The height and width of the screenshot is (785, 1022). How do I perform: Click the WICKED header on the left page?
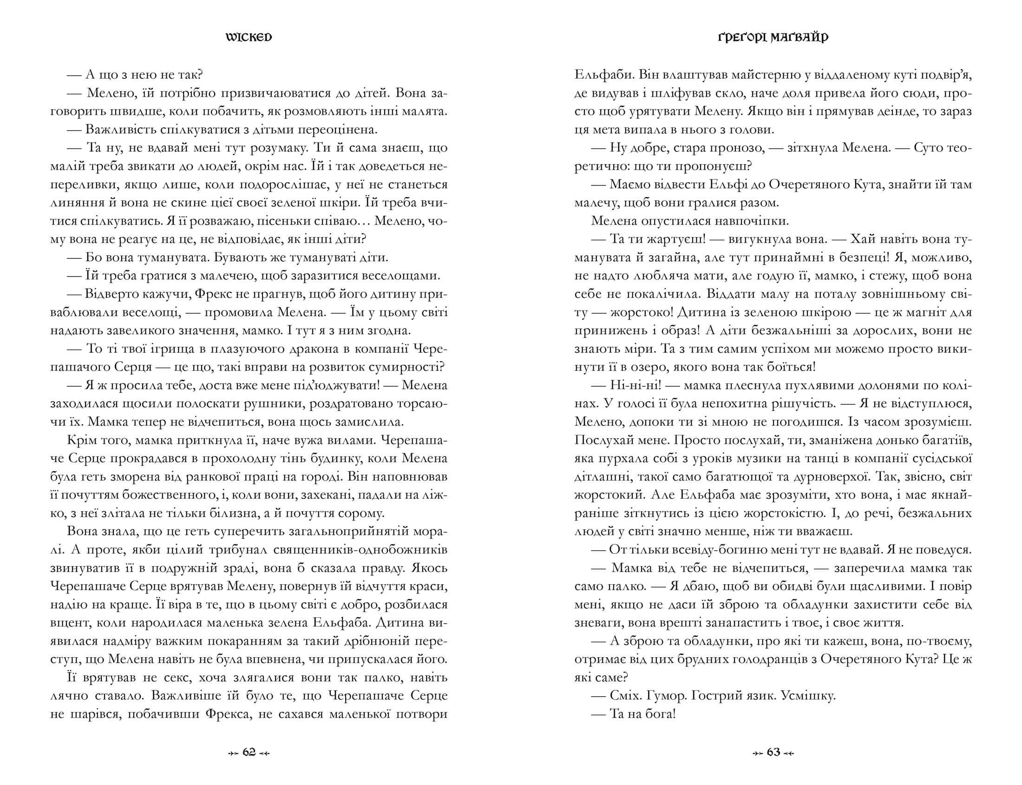(249, 37)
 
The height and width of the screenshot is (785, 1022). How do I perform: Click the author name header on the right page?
(773, 37)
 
